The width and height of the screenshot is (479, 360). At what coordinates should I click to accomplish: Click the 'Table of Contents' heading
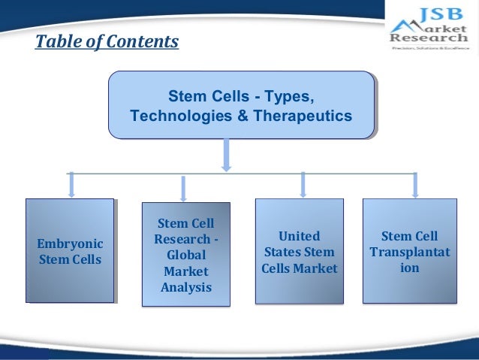click(x=107, y=41)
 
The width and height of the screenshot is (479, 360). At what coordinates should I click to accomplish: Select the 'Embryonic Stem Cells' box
click(x=71, y=251)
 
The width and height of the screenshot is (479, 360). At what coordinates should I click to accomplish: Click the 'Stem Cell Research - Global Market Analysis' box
click(x=185, y=255)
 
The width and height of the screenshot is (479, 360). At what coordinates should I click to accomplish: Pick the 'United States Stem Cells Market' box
click(x=300, y=251)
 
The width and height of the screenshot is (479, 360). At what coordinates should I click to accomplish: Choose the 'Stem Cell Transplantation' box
click(x=409, y=251)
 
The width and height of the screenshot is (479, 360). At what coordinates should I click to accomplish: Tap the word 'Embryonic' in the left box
click(x=71, y=244)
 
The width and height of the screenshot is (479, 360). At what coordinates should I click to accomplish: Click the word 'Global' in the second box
click(x=185, y=255)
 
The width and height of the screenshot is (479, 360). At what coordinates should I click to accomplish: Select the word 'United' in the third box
click(x=300, y=236)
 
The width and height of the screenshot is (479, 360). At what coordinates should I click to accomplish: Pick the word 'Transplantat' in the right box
click(x=409, y=252)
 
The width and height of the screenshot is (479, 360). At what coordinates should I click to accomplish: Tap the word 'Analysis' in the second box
click(x=185, y=287)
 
